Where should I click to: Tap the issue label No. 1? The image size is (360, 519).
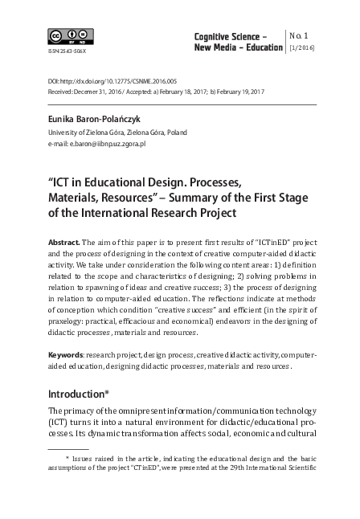click(299, 35)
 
